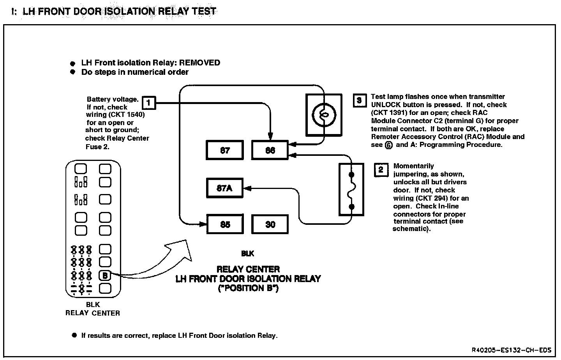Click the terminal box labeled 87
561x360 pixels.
tap(225, 150)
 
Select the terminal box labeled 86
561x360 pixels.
tap(270, 150)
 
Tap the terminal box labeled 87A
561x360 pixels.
tap(225, 188)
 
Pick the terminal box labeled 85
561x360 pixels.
tap(225, 224)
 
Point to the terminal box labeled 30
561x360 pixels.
tap(270, 224)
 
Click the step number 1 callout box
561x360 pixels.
tap(149, 103)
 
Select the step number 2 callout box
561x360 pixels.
tap(381, 170)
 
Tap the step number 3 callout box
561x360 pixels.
tap(359, 101)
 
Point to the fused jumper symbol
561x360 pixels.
tap(351, 190)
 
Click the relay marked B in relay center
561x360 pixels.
tap(105, 275)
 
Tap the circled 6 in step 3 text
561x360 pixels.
tap(388, 145)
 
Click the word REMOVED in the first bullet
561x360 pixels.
tap(199, 63)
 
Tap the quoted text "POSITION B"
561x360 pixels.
tap(248, 288)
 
